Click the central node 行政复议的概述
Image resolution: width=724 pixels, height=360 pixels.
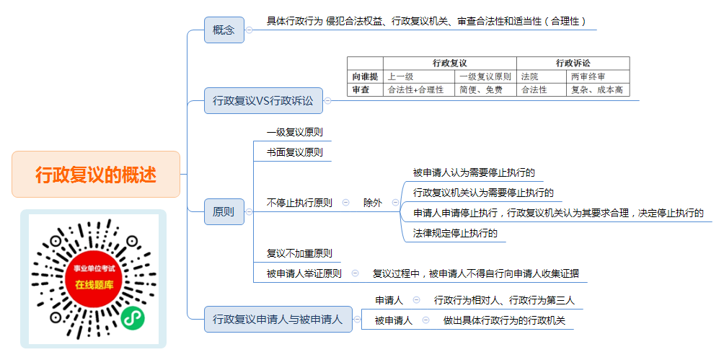pyautogui.click(x=96, y=174)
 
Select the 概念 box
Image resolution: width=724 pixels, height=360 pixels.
pyautogui.click(x=224, y=30)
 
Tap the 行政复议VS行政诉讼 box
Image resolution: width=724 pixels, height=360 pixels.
pyautogui.click(x=263, y=100)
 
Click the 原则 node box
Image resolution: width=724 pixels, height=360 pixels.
pyautogui.click(x=224, y=211)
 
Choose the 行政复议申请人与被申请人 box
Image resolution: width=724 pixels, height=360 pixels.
pyautogui.click(x=278, y=319)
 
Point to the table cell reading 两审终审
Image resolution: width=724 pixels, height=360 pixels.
pyautogui.click(x=598, y=76)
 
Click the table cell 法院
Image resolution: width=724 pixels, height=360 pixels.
pyautogui.click(x=542, y=76)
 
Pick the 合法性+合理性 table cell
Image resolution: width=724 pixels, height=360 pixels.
pyautogui.click(x=419, y=89)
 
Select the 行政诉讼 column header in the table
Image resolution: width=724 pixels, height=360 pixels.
pyautogui.click(x=573, y=63)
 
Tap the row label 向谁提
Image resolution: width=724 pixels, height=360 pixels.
pyautogui.click(x=365, y=76)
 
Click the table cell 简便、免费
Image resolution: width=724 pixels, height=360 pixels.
pyautogui.click(x=486, y=89)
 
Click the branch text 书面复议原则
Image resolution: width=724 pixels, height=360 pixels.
pyautogui.click(x=295, y=152)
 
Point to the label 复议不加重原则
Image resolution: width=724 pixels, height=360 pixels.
pyautogui.click(x=299, y=253)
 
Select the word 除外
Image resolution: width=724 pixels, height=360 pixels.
pyautogui.click(x=373, y=203)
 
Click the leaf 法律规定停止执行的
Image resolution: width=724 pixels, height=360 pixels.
pyautogui.click(x=455, y=233)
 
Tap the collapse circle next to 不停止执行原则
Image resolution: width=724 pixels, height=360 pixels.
pyautogui.click(x=346, y=203)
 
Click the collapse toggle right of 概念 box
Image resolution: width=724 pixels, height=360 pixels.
pyautogui.click(x=249, y=30)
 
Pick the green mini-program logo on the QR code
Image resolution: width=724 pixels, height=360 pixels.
pyautogui.click(x=133, y=317)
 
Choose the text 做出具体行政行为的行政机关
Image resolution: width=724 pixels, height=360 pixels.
pyautogui.click(x=505, y=320)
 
